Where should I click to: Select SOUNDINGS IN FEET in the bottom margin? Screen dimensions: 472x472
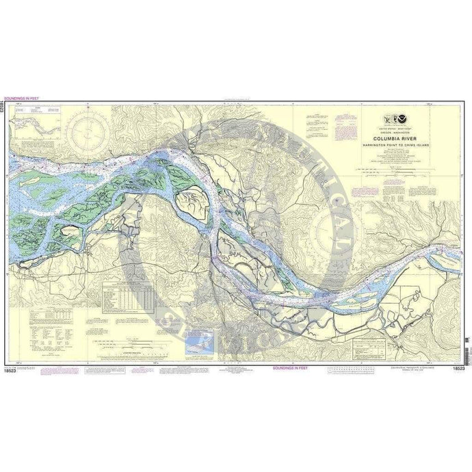tap(290, 367)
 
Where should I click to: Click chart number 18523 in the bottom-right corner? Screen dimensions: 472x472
tap(459, 369)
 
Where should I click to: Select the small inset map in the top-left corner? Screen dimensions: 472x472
tap(38, 119)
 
